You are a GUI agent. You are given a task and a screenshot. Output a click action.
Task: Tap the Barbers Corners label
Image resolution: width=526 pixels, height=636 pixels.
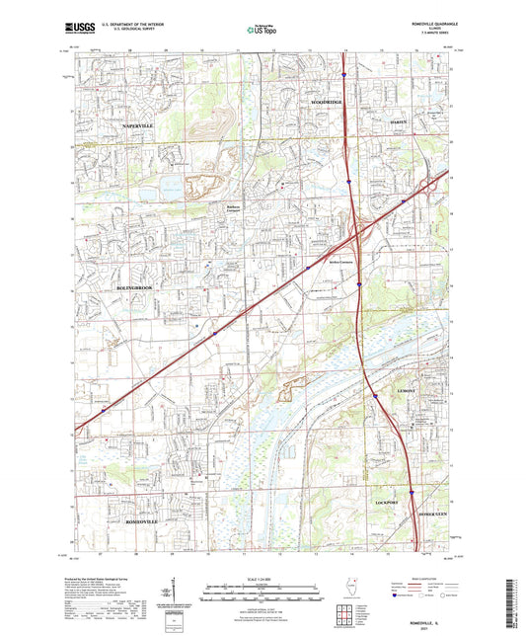coord(229,207)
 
